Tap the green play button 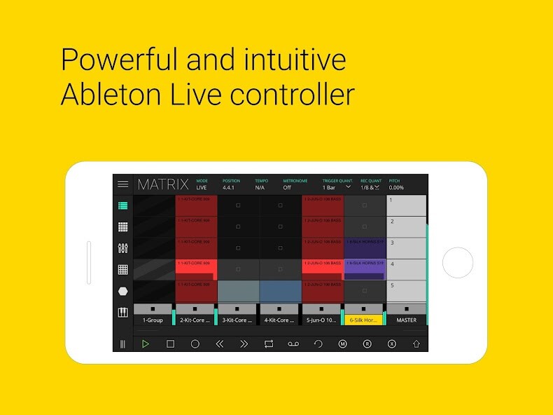coord(146,344)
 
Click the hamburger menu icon coord(123,184)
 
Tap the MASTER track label coord(406,320)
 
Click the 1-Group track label coord(153,320)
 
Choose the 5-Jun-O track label coord(321,320)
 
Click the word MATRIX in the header coord(163,185)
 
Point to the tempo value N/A coord(260,188)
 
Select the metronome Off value coord(287,188)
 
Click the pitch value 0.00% coord(397,188)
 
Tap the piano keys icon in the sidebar coord(123,313)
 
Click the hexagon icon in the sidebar coord(123,291)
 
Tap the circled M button coord(342,344)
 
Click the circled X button coord(391,344)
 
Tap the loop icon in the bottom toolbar coord(269,344)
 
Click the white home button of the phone coord(458,263)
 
